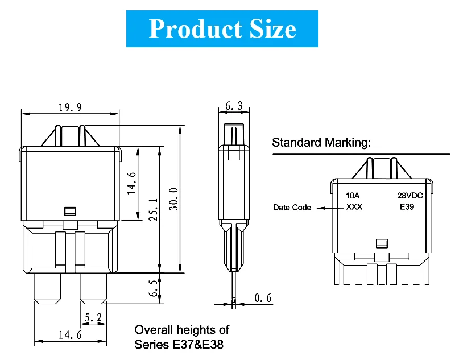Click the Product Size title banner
[x=222, y=28]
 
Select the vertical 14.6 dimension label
[x=131, y=183]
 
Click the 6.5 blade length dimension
[x=153, y=288]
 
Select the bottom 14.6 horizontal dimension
[x=70, y=336]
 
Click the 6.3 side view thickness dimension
[x=234, y=106]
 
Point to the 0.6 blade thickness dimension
[x=263, y=298]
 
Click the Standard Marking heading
[x=321, y=142]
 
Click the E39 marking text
[x=407, y=207]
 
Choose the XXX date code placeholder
[x=354, y=207]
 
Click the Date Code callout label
[x=292, y=208]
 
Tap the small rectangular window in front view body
[x=71, y=211]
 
